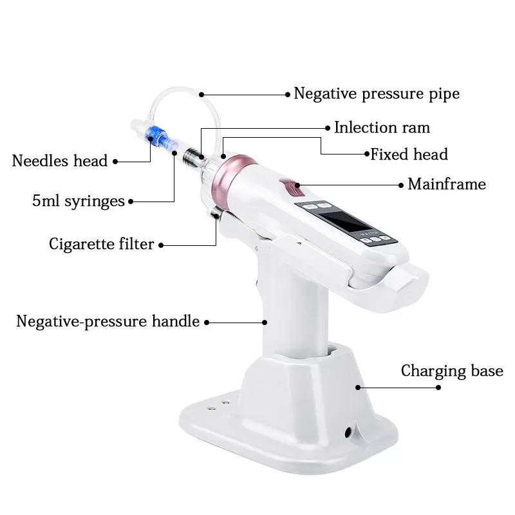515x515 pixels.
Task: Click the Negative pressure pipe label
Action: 377,94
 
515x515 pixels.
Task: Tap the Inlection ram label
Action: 382,127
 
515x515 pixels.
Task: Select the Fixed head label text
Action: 409,154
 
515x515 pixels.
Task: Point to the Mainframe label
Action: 446,185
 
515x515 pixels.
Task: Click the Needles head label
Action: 59,161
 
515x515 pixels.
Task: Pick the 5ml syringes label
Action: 78,201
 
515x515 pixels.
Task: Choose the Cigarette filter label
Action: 102,244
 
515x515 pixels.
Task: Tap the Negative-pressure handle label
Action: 108,321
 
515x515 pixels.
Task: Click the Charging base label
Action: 452,371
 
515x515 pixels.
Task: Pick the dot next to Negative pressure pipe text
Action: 288,94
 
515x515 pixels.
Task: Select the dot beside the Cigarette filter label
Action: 161,245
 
